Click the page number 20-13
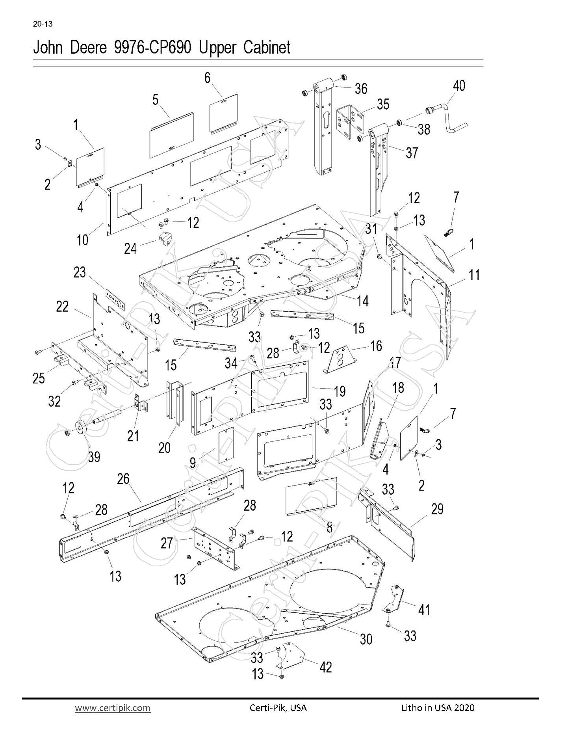(43, 24)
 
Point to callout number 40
(459, 86)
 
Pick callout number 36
(361, 89)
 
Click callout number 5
(156, 100)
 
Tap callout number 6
(208, 78)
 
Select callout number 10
(82, 240)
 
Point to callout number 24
(130, 249)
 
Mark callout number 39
(94, 457)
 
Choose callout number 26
(123, 479)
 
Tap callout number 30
(366, 639)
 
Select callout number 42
(326, 667)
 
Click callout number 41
(424, 610)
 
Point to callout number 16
(376, 346)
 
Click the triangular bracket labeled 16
(341, 359)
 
